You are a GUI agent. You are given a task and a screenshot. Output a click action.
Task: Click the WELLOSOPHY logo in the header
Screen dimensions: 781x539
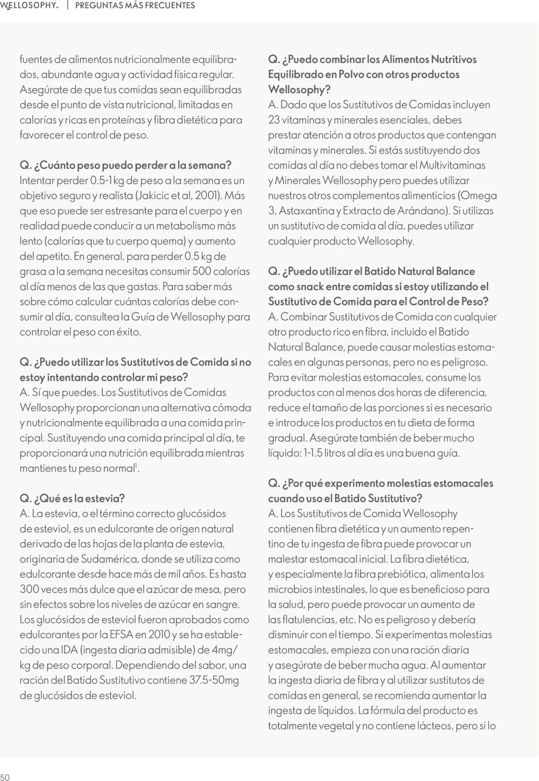pyautogui.click(x=29, y=6)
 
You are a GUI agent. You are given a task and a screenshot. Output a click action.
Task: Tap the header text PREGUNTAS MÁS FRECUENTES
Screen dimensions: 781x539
pyautogui.click(x=135, y=6)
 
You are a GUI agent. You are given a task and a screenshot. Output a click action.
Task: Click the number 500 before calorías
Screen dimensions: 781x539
pyautogui.click(x=202, y=271)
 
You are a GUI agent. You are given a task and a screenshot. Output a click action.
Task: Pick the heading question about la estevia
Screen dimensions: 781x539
pyautogui.click(x=72, y=498)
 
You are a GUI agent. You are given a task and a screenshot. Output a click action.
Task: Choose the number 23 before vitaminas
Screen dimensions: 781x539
pyautogui.click(x=274, y=120)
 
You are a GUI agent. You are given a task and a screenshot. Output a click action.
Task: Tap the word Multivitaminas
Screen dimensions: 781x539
pyautogui.click(x=452, y=165)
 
